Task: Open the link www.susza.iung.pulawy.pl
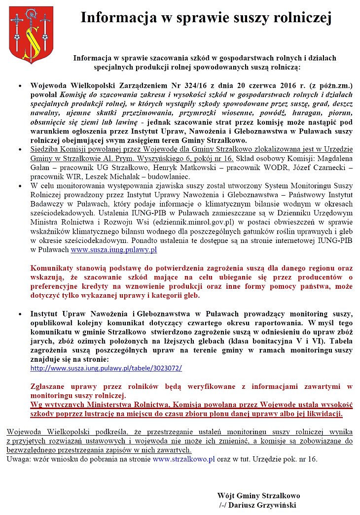click(x=113, y=250)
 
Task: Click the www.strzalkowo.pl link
click(x=183, y=459)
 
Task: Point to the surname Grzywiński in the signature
click(x=273, y=505)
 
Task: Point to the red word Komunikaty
click(x=55, y=269)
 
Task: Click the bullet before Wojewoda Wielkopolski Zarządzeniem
click(x=19, y=85)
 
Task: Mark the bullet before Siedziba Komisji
click(x=19, y=151)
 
